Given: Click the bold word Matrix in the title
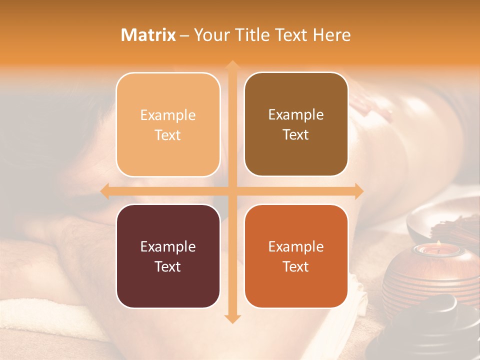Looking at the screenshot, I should pyautogui.click(x=148, y=35).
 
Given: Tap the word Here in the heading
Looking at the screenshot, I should pyautogui.click(x=331, y=35).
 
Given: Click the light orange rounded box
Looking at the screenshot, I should pyautogui.click(x=168, y=124).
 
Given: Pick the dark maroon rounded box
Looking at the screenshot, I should pyautogui.click(x=168, y=256).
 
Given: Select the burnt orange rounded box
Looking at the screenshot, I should pyautogui.click(x=296, y=256).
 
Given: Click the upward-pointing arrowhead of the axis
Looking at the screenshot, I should pyautogui.click(x=232, y=65).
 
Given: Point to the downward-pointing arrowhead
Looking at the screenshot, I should pyautogui.click(x=232, y=318).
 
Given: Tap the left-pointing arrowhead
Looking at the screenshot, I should pyautogui.click(x=104, y=191).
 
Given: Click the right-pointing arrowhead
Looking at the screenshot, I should pyautogui.click(x=359, y=191).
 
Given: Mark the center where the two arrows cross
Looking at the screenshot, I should pyautogui.click(x=232, y=191).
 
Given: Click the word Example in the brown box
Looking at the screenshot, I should pyautogui.click(x=296, y=114).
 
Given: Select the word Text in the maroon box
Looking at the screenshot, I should pyautogui.click(x=168, y=266).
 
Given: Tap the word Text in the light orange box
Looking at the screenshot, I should pyautogui.click(x=168, y=135).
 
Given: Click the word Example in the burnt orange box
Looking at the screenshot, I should pyautogui.click(x=296, y=246).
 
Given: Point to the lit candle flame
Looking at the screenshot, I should pyautogui.click(x=438, y=243).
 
